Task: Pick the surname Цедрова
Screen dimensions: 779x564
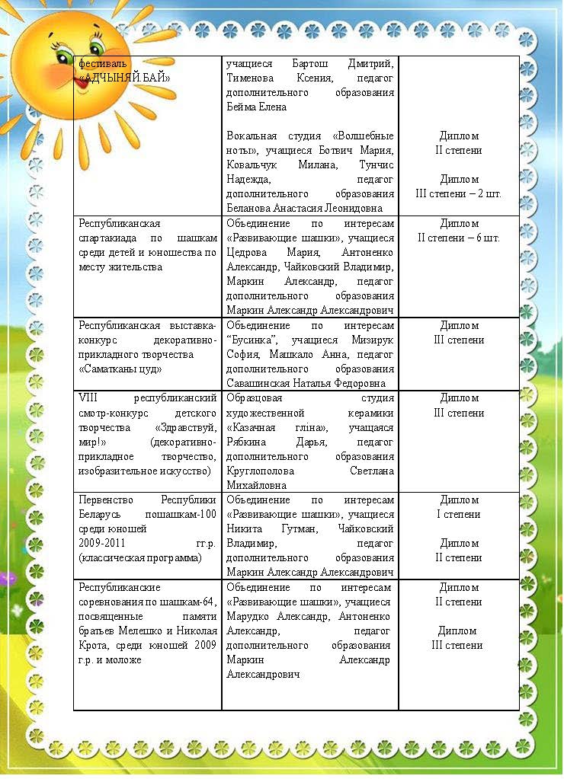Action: (x=248, y=253)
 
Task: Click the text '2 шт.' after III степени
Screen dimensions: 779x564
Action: (x=485, y=194)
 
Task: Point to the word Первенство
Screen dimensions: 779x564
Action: (x=106, y=500)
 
